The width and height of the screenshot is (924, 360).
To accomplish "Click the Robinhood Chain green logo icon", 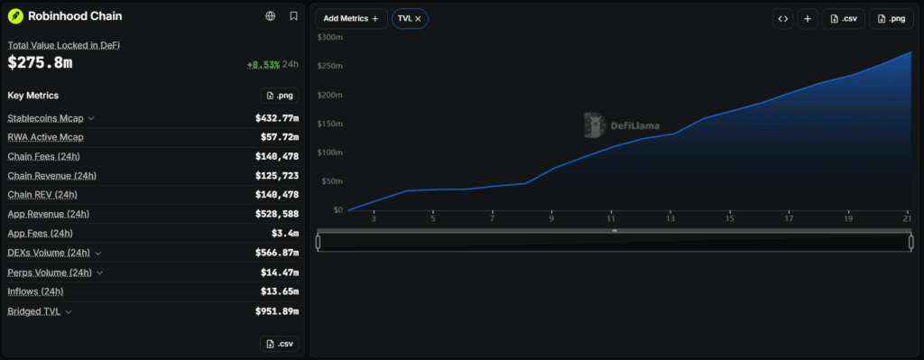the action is pos(15,16).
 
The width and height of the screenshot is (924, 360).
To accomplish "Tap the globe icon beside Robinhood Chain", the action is pos(271,16).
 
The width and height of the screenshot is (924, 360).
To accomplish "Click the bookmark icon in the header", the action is pos(293,16).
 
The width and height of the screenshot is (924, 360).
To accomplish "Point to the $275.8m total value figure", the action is pos(40,63).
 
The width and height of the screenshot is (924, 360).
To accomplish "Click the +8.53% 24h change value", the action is pos(263,64).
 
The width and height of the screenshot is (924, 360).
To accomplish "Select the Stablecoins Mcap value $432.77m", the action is pos(277,118).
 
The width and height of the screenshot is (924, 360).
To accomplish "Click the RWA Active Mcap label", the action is pos(45,137).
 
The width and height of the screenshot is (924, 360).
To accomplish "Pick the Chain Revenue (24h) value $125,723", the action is pos(277,176).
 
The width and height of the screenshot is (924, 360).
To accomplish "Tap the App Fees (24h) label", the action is pos(40,234).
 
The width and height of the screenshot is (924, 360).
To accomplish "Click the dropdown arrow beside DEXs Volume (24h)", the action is pos(97,254).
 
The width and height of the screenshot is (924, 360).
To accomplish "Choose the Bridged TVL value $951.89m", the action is pos(277,311).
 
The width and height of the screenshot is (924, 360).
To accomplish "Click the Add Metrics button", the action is pos(351,19).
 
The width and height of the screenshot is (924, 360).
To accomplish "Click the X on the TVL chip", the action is pos(418,19).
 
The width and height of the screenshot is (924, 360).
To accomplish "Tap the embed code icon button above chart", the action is pos(782,19).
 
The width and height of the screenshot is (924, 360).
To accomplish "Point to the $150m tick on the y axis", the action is pos(330,124).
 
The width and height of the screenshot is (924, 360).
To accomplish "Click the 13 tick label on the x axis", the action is pos(670,219).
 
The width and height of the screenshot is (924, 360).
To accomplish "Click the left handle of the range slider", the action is pos(319,242).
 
